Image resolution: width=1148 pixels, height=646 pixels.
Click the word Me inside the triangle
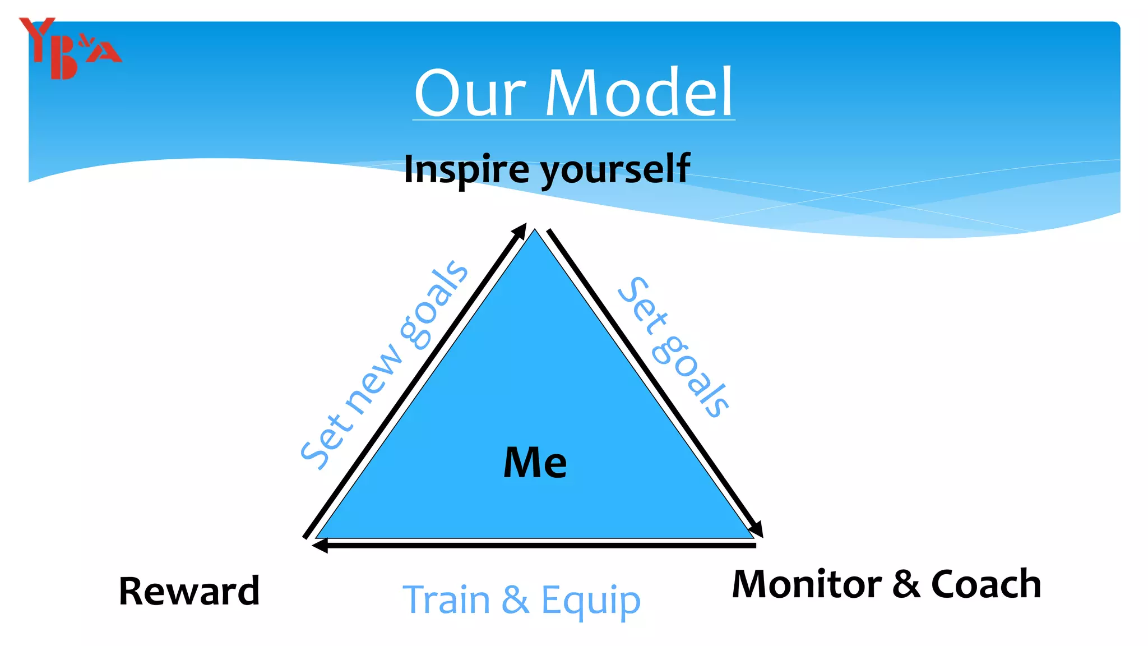[x=535, y=463]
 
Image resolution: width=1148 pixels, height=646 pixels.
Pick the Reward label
[x=189, y=591]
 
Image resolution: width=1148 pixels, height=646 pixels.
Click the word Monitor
[x=807, y=584]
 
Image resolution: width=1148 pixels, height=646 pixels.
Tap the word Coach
[x=986, y=584]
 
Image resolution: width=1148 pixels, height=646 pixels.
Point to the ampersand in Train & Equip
[x=515, y=599]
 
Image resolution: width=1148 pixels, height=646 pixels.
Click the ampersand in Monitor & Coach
[x=906, y=584]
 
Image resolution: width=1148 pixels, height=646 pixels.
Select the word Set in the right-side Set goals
[x=642, y=306]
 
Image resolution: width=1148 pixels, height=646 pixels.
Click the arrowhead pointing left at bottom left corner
[x=320, y=545]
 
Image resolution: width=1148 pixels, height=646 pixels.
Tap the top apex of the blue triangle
[x=535, y=231]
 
